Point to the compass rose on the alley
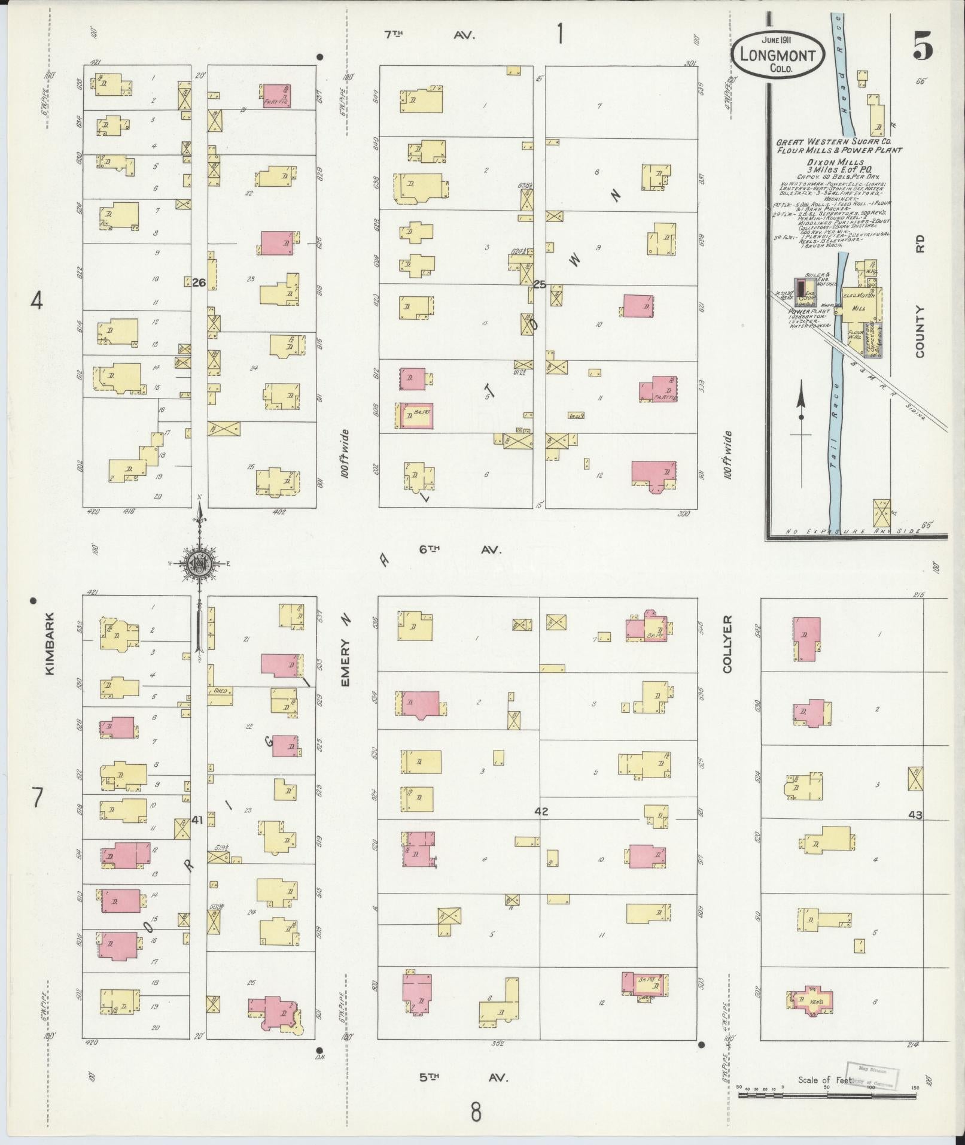tap(198, 563)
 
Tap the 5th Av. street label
tap(463, 1077)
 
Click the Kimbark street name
tap(49, 643)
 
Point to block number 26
tap(199, 283)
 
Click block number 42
tap(541, 812)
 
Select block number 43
tap(915, 815)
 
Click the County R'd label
tap(920, 299)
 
